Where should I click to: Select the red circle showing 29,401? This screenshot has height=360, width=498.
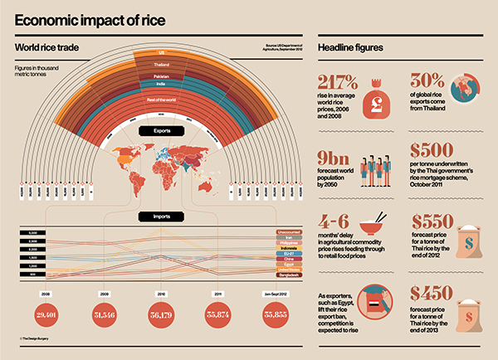pyautogui.click(x=46, y=315)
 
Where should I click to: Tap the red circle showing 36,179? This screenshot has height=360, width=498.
pyautogui.click(x=161, y=315)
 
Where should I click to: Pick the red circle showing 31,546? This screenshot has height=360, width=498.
pyautogui.click(x=105, y=315)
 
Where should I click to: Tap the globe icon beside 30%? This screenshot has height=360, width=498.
pyautogui.click(x=463, y=89)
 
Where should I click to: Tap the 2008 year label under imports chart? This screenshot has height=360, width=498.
pyautogui.click(x=46, y=293)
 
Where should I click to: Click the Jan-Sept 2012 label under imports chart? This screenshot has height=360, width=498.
pyautogui.click(x=276, y=293)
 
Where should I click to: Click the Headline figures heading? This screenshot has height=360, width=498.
pyautogui.click(x=351, y=49)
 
